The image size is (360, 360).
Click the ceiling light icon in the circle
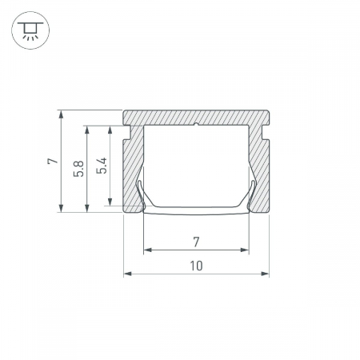[x=30, y=30]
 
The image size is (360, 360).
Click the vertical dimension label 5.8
[x=79, y=169]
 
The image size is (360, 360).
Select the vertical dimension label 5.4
[x=102, y=166]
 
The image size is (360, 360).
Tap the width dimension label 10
[x=196, y=266]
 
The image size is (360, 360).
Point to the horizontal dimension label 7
[x=196, y=242]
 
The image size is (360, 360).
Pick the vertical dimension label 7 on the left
[x=53, y=161]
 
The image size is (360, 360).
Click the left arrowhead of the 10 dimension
[x=128, y=274]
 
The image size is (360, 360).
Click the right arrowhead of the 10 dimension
[x=265, y=274]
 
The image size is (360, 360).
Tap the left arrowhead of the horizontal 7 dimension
[x=148, y=250]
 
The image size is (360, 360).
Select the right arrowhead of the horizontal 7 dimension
[x=245, y=250]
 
